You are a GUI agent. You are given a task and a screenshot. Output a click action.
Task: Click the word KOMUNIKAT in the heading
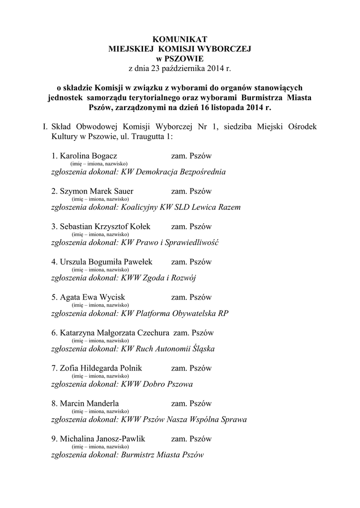tap(180, 40)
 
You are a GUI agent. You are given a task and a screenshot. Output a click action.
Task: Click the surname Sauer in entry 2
tap(123, 191)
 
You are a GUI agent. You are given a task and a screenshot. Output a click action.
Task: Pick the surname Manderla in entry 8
tap(102, 403)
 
